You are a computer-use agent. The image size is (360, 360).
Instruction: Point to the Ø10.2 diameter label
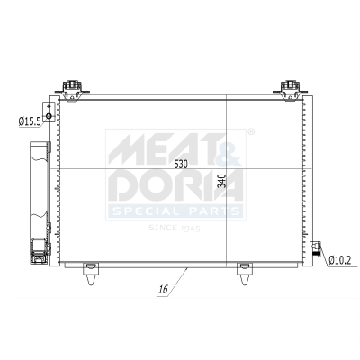pos(339,260)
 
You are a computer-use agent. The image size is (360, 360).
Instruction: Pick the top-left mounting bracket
pos(72,88)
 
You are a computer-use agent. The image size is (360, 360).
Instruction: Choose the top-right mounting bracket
pos(289,88)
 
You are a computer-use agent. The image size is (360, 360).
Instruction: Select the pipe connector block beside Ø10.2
pos(316,250)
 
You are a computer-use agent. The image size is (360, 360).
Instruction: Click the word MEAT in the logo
pos(149,148)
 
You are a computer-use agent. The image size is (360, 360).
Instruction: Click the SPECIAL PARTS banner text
pos(176,213)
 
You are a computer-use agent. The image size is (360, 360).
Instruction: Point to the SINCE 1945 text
pos(176,229)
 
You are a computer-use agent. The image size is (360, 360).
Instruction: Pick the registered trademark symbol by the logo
pos(250,133)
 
